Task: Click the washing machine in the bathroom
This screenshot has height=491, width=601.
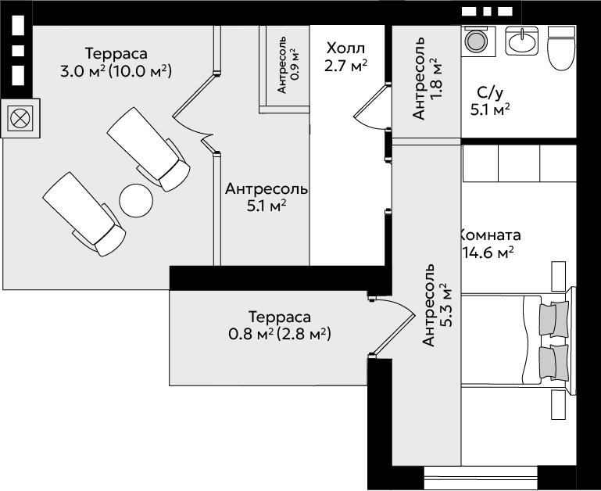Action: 476,40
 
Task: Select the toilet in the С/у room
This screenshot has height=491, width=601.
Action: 561,48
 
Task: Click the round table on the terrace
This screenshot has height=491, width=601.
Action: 136,200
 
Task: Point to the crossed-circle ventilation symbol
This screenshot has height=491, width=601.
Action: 20,118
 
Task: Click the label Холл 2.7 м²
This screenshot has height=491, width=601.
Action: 345,57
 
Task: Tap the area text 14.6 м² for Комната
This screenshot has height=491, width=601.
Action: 488,253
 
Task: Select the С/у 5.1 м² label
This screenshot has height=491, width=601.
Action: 490,101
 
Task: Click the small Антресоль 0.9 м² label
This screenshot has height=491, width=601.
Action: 287,64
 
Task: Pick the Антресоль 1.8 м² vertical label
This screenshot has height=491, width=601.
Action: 427,78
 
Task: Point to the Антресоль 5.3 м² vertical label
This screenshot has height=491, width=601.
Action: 437,305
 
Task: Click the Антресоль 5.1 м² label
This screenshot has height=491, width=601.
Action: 267,197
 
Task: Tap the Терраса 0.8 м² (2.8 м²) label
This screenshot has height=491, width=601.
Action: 280,325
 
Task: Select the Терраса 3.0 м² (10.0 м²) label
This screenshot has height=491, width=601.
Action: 116,62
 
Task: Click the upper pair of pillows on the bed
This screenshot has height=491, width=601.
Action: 554,319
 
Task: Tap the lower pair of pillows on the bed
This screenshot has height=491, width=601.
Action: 554,363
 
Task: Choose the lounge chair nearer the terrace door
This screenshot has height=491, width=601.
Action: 148,149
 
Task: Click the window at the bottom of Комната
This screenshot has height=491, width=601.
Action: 481,477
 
